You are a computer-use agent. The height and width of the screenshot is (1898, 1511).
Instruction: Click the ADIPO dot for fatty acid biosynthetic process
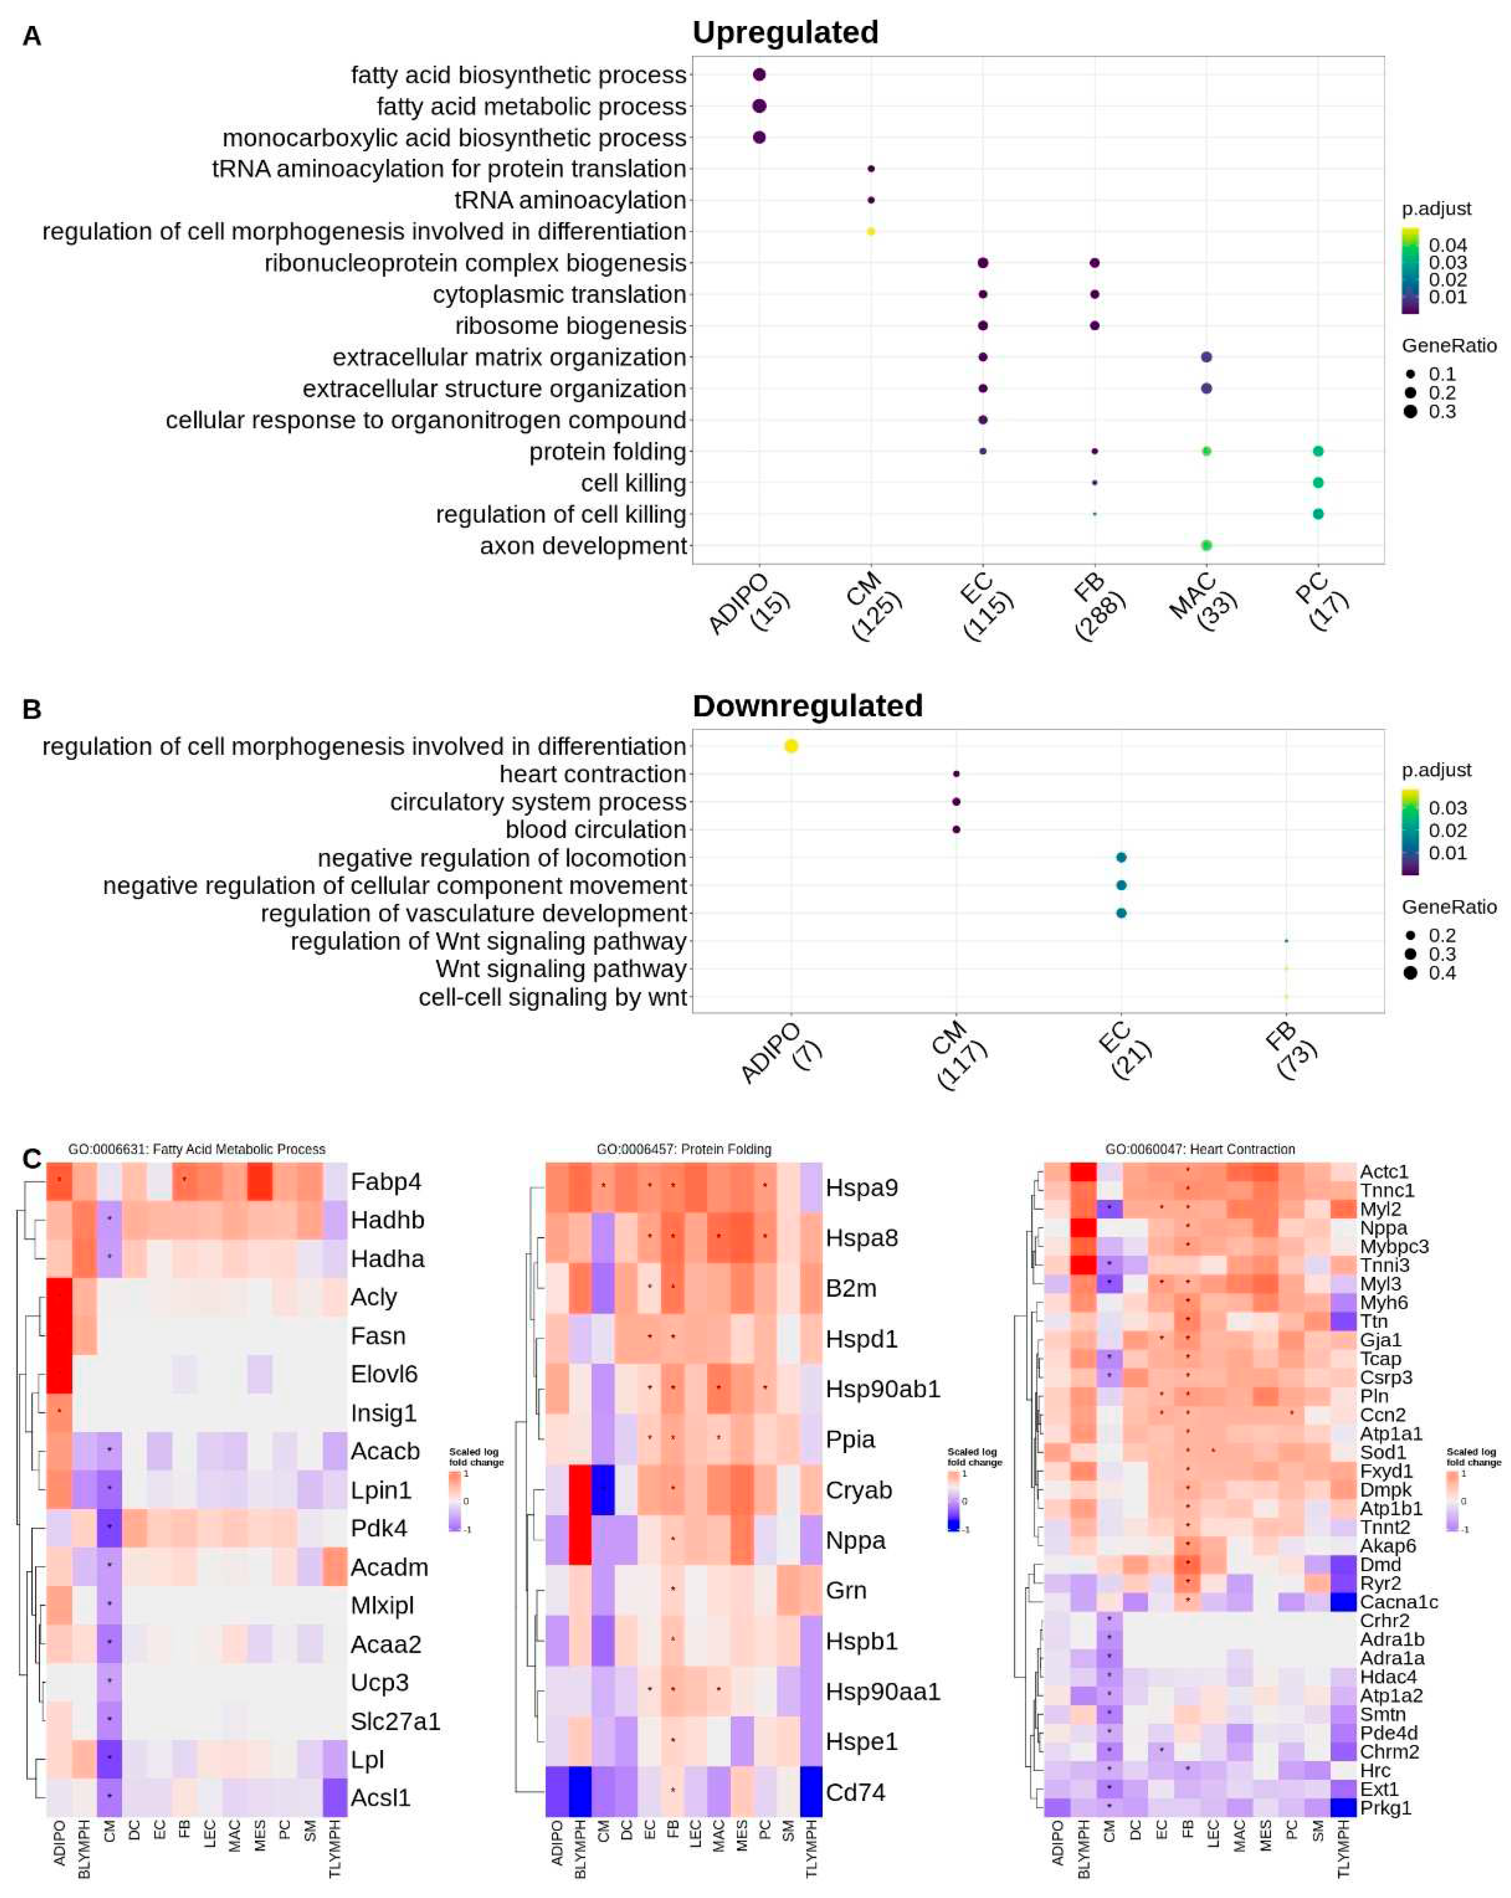(759, 75)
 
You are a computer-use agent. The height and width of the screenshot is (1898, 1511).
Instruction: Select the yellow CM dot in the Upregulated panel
(871, 231)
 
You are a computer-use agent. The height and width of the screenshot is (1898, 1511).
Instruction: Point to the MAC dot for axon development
(1206, 546)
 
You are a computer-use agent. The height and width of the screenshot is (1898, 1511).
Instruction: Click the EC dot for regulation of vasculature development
(1121, 913)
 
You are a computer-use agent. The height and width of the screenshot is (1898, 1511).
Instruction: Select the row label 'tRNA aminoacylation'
(570, 201)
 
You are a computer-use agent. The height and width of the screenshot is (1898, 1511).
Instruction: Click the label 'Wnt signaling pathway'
(561, 969)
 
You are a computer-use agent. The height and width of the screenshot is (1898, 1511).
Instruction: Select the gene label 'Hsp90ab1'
(882, 1389)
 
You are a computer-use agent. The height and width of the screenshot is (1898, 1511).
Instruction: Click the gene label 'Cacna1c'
(1398, 1602)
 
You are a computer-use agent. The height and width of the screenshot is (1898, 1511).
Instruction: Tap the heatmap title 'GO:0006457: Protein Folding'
(683, 1149)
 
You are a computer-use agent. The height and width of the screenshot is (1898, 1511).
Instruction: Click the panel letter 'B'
(32, 709)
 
